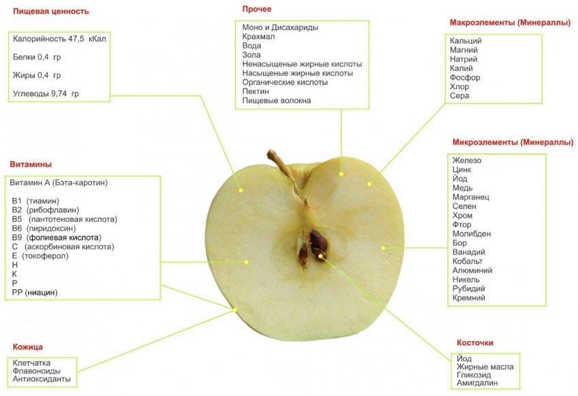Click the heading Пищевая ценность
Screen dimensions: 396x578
pos(51,12)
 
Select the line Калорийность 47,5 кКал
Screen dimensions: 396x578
pos(60,39)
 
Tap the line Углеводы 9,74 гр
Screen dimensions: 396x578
pos(46,93)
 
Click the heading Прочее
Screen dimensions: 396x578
pos(256,10)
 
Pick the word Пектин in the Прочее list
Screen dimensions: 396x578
pos(256,91)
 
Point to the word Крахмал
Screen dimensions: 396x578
pos(259,36)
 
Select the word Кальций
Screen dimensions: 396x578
pos(466,41)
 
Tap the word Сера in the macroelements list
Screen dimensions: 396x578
pos(460,96)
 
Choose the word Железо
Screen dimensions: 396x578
pos(466,160)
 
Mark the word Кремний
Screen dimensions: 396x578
pos(469,297)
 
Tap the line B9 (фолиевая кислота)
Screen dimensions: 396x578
pos(56,237)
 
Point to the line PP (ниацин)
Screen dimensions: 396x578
pos(35,292)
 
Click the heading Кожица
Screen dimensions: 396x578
pos(28,347)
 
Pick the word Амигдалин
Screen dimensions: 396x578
pos(477,383)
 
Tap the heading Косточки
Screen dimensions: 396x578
pos(475,343)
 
